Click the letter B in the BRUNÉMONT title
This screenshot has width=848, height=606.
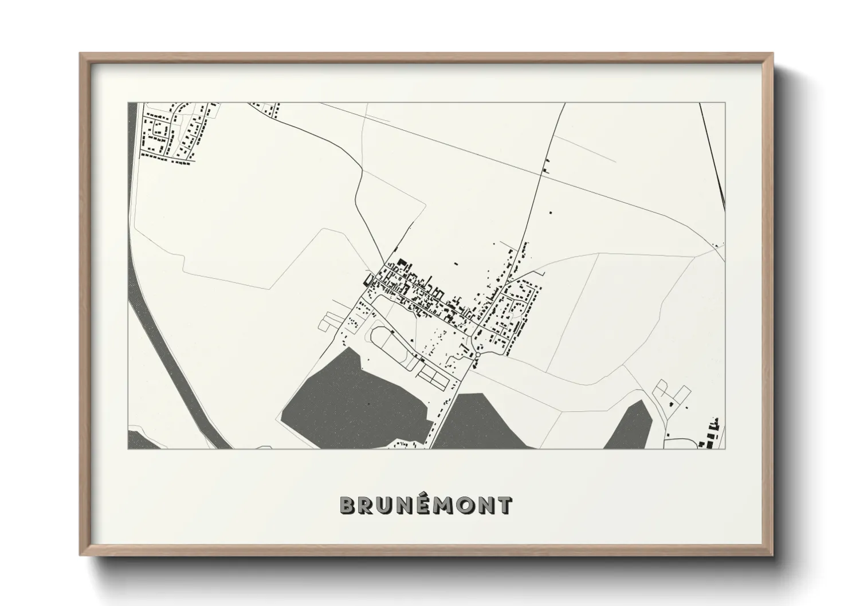click(x=348, y=505)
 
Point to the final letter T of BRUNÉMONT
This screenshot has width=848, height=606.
click(x=504, y=505)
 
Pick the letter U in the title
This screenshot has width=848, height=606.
click(x=385, y=505)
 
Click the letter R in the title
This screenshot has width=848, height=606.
click(x=367, y=505)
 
